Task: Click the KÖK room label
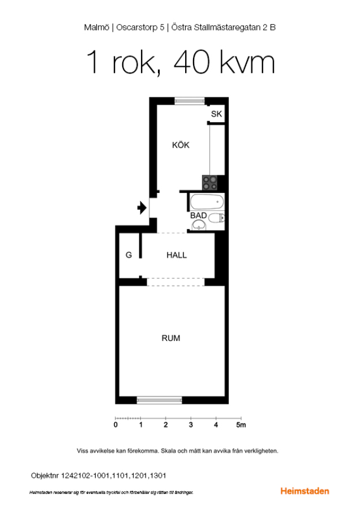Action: (x=181, y=145)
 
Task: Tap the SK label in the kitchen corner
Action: (x=216, y=114)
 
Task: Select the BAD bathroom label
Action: (x=198, y=215)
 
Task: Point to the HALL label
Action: (x=177, y=255)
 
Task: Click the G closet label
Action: (x=128, y=255)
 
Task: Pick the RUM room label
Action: (x=171, y=338)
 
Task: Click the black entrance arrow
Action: (x=142, y=208)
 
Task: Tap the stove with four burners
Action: (x=210, y=183)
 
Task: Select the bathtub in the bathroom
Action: (x=207, y=202)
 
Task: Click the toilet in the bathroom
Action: (x=216, y=218)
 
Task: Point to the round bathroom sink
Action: (x=199, y=225)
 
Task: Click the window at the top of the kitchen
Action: (x=190, y=101)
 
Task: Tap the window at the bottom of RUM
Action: (x=159, y=400)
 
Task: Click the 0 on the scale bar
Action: (x=115, y=425)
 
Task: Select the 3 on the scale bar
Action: (x=191, y=425)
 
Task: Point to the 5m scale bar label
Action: (x=241, y=425)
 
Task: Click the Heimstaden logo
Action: (x=305, y=491)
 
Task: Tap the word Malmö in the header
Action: (x=96, y=28)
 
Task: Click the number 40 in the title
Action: (x=192, y=62)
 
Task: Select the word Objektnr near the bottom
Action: (x=45, y=476)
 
